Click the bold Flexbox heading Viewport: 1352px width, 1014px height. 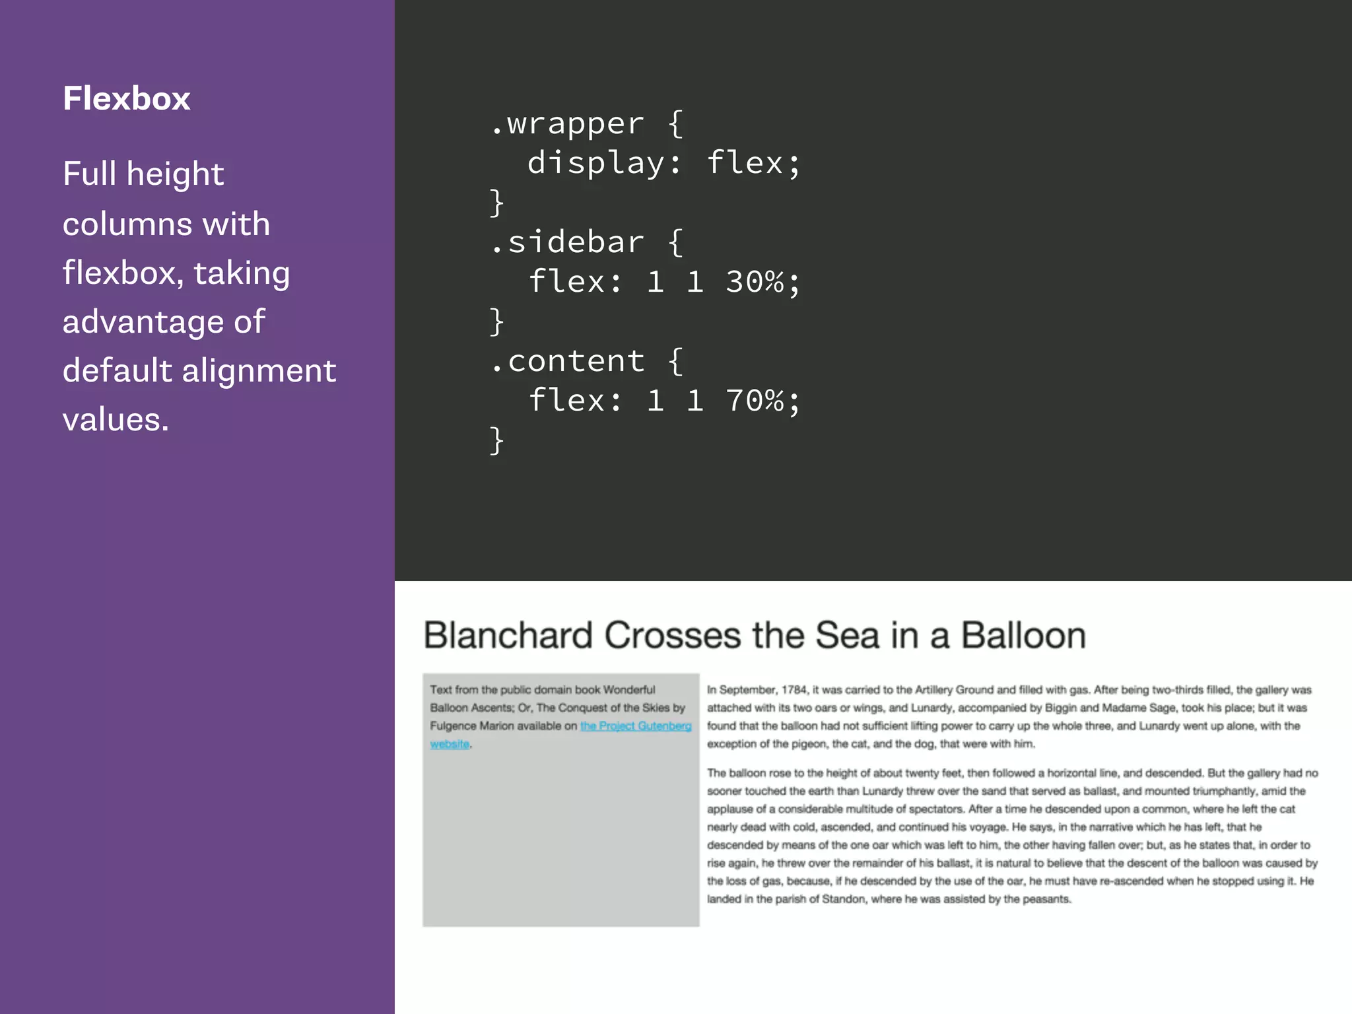point(126,98)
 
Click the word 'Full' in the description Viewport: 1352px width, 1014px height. point(89,174)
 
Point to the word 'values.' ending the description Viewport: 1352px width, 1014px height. point(116,420)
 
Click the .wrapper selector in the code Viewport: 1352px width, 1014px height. point(567,123)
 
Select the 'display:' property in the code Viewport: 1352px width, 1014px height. point(604,163)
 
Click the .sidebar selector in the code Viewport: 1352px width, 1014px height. point(567,242)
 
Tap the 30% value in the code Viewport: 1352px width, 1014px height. point(755,282)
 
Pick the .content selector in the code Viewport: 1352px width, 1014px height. point(567,361)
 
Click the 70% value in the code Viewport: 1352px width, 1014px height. point(755,401)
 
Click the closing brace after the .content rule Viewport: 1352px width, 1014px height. point(496,440)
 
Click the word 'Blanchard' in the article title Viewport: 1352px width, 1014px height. point(508,636)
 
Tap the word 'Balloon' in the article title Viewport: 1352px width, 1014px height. point(1023,636)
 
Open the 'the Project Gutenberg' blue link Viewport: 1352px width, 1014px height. point(635,726)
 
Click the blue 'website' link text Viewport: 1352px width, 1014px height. point(449,744)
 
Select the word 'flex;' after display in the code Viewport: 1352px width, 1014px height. point(753,163)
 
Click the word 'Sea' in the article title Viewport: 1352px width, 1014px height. point(847,636)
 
